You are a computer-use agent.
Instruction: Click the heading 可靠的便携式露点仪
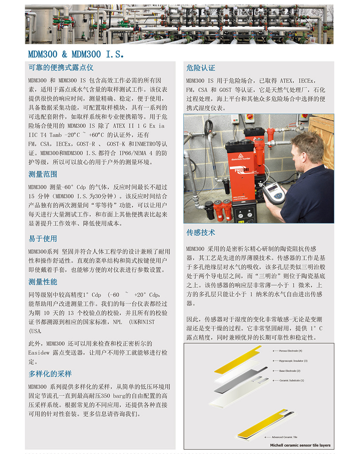[x=61, y=68]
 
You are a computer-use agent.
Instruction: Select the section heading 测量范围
[x=43, y=174]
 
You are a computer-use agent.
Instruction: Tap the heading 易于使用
[x=43, y=239]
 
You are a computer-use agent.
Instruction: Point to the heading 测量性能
[x=43, y=282]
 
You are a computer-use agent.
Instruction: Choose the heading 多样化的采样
[x=50, y=374]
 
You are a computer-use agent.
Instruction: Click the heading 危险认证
[x=201, y=68]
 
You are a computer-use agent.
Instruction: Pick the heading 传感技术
[x=201, y=232]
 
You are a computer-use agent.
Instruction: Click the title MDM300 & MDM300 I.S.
[x=76, y=54]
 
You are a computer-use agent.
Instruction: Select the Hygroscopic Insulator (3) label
[x=293, y=361]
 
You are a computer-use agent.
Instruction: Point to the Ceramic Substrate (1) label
[x=291, y=380]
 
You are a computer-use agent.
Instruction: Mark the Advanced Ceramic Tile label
[x=285, y=437]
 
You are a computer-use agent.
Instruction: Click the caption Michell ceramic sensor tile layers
[x=300, y=445]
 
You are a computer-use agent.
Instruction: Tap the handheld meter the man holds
[x=273, y=191]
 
